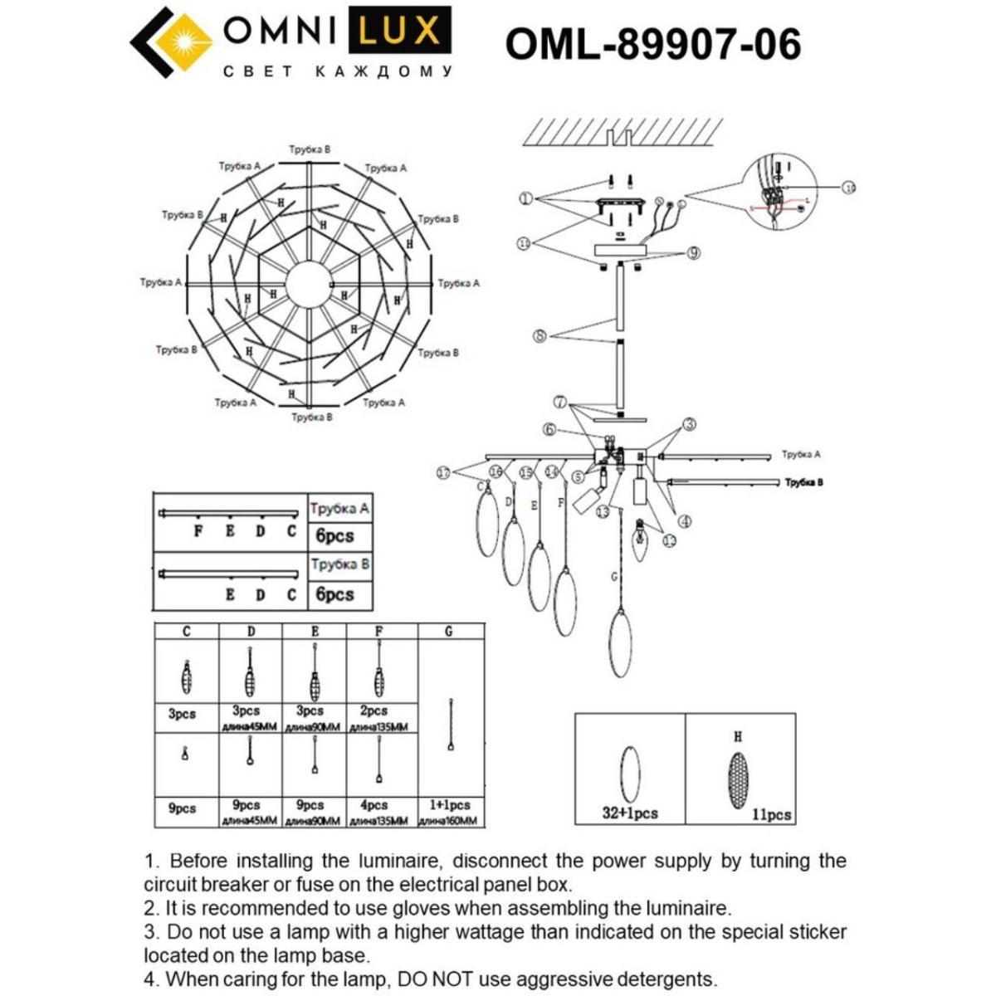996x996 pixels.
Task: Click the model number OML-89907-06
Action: coord(653,44)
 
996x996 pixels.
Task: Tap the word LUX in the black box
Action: coord(400,31)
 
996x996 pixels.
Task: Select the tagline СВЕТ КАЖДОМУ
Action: coord(338,72)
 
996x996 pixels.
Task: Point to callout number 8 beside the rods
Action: coord(540,337)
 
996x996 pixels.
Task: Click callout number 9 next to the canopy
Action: coord(693,253)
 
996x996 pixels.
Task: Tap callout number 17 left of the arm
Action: coord(444,473)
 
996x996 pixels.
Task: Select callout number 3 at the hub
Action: coord(689,424)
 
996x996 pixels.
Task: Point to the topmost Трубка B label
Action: coord(310,149)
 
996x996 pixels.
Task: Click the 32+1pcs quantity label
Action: coord(629,813)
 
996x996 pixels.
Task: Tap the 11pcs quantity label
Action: coord(771,815)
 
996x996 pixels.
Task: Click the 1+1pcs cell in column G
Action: coord(449,805)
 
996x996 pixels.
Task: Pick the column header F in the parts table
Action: coord(378,632)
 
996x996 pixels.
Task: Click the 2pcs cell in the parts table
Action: coord(374,711)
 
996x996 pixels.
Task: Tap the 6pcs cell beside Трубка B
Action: coord(334,595)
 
